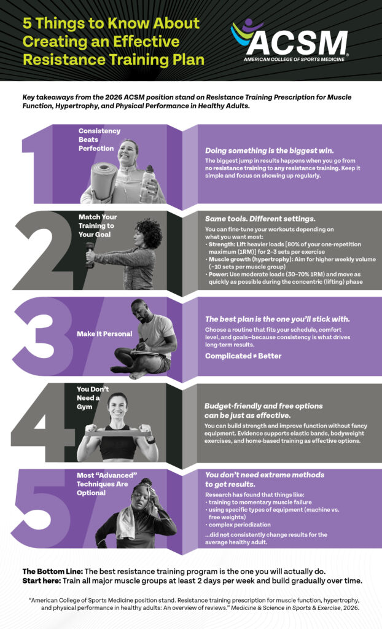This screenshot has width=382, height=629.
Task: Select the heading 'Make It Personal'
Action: (x=104, y=334)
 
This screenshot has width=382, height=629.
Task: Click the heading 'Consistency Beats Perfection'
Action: (x=99, y=139)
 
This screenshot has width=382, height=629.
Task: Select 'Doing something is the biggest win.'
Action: (x=270, y=150)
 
